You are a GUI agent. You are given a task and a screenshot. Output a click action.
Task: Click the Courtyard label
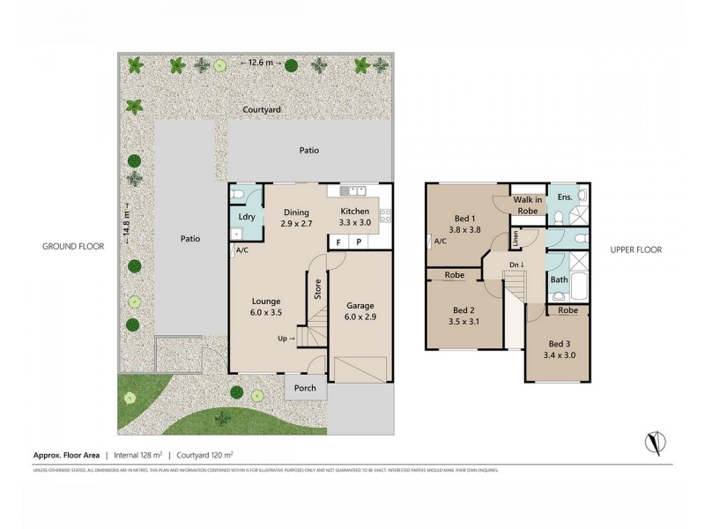[263, 109]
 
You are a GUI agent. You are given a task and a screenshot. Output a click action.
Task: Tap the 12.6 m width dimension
[261, 63]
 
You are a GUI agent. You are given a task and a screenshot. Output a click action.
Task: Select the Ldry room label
[247, 217]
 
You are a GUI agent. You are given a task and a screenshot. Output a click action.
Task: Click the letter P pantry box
[358, 241]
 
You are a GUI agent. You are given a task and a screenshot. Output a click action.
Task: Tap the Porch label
[306, 388]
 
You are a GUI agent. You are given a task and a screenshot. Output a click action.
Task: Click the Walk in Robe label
[527, 205]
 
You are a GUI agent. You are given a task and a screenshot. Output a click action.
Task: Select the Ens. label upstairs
[564, 196]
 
